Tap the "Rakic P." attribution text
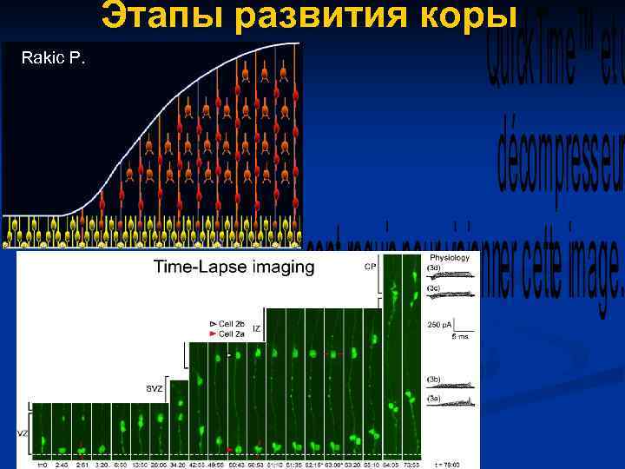[x=53, y=58]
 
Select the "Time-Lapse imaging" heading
[x=234, y=267]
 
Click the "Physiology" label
[x=450, y=257]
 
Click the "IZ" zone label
[x=257, y=328]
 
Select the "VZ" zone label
[x=23, y=432]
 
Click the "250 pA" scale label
[x=438, y=325]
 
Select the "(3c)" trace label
[x=433, y=287]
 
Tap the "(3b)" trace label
[x=433, y=380]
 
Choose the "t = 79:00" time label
[x=450, y=464]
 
